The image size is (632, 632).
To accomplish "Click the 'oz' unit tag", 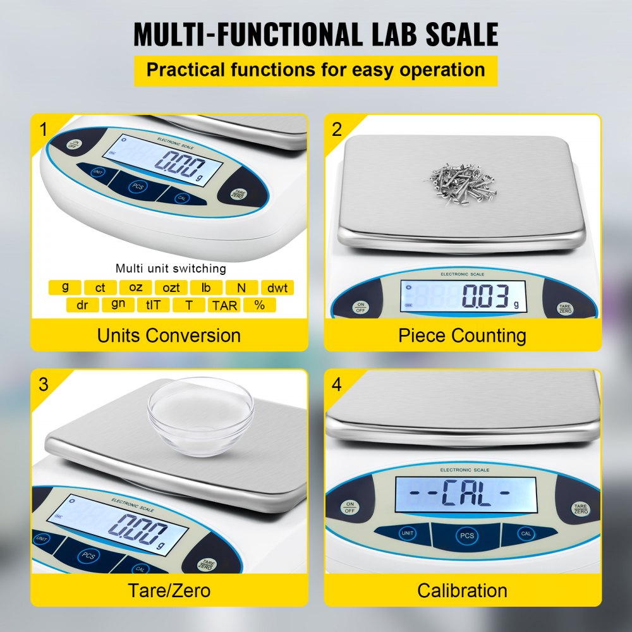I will [x=135, y=288].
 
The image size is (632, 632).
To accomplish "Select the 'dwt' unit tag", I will [x=277, y=288].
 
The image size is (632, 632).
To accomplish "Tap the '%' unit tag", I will [x=259, y=305].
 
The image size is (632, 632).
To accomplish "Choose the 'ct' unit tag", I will [x=100, y=288].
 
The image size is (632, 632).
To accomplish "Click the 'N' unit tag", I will [x=241, y=288].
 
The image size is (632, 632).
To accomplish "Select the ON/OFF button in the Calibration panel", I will [x=350, y=507].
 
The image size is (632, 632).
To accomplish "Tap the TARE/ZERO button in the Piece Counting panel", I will [x=564, y=308].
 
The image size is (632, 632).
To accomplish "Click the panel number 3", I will [x=44, y=384].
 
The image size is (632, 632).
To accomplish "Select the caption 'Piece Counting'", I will [x=462, y=336].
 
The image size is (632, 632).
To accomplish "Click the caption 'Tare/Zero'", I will [x=169, y=590].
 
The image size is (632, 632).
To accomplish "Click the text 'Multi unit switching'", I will [x=171, y=269].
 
